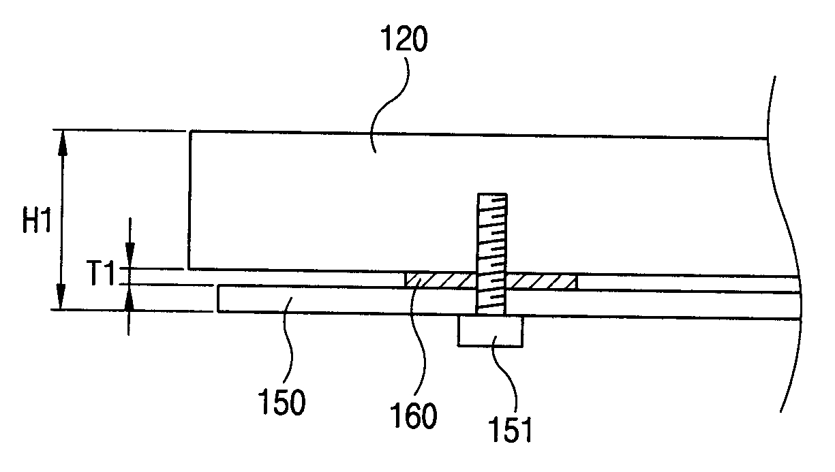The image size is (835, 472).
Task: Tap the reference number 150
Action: [x=282, y=402]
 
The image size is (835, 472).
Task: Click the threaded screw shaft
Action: [x=491, y=252]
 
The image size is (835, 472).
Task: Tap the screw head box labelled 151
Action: [x=490, y=331]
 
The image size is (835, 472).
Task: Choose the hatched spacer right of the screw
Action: [x=543, y=280]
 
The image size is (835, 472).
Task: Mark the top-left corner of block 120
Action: [x=190, y=131]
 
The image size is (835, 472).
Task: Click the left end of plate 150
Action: [x=218, y=299]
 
